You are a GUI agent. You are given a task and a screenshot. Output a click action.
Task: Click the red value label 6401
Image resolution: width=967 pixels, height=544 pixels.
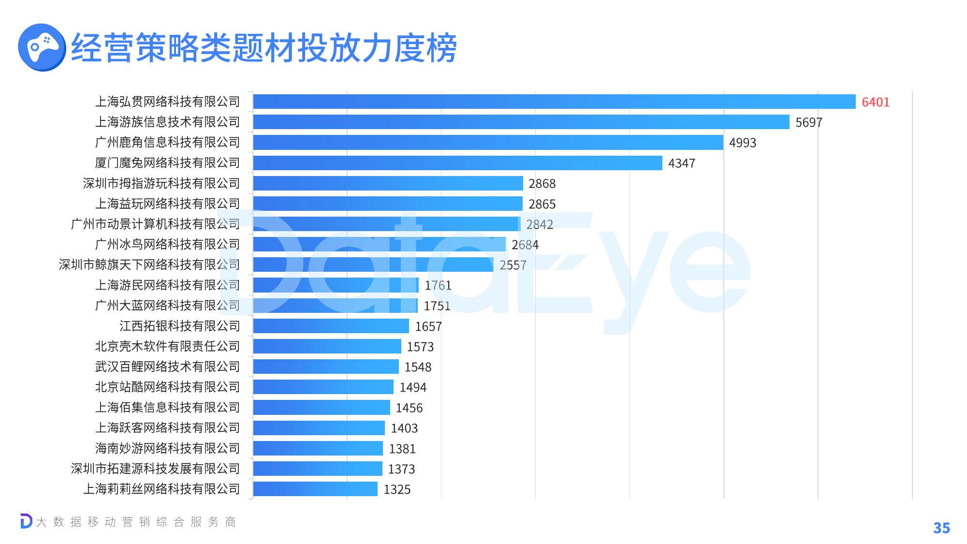point(876,102)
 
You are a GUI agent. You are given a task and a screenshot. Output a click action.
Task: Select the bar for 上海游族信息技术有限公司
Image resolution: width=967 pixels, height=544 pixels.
point(521,122)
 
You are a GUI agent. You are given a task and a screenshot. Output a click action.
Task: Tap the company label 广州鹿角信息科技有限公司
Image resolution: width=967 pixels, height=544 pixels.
point(167,142)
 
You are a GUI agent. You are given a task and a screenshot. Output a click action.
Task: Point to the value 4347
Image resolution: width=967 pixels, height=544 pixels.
point(681,163)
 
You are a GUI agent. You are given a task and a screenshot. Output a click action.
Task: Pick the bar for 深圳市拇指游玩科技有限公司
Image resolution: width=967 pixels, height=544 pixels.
point(388,183)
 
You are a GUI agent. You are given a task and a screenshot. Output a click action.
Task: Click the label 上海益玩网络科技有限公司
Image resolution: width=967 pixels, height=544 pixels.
point(167,204)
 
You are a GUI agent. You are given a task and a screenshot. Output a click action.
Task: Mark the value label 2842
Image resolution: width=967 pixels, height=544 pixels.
point(540,224)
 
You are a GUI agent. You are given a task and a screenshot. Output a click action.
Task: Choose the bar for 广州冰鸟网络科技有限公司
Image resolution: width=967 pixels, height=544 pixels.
point(379,245)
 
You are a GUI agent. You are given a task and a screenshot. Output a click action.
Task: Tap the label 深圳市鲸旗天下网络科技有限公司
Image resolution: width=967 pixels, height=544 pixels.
point(149,265)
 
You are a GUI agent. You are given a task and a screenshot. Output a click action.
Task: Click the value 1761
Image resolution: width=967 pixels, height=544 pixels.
point(438,286)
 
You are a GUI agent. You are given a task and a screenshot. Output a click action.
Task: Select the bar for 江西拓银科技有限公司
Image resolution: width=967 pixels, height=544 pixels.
point(331,326)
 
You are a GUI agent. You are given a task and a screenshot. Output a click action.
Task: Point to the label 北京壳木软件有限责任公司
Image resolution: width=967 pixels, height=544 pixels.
point(167,346)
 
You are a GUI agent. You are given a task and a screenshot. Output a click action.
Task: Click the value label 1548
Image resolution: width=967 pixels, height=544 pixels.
point(418,367)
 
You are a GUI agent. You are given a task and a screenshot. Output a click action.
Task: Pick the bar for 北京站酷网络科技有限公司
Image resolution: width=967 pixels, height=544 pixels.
point(323,387)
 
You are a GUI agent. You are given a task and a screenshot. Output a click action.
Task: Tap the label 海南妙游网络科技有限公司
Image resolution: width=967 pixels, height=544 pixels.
point(167,448)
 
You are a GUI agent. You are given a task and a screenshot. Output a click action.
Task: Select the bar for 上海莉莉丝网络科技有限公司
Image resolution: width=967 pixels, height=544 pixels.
point(315,489)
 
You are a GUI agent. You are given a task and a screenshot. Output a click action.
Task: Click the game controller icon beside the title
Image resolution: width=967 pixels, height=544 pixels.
point(42,47)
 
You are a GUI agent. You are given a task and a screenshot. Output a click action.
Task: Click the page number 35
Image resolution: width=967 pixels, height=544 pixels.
point(941,528)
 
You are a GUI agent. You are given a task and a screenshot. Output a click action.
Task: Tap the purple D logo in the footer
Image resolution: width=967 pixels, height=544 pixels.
point(26,521)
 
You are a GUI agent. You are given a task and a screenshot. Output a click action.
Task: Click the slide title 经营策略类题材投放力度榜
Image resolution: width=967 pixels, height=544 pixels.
point(264,48)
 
